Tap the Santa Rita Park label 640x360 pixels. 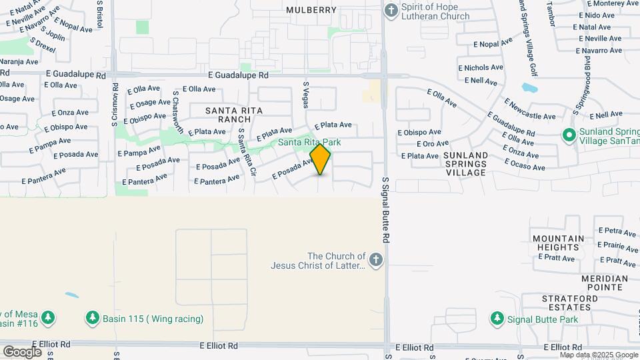[x=309, y=143]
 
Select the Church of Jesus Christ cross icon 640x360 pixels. [x=376, y=260]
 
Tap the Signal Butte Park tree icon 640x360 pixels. [x=497, y=319]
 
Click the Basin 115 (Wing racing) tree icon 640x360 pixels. [x=93, y=318]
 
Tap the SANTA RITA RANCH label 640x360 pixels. [x=234, y=115]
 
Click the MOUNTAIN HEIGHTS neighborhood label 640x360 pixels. [x=558, y=243]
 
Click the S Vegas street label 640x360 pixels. [x=306, y=95]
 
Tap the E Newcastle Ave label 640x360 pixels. [x=530, y=110]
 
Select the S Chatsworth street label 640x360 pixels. [x=177, y=111]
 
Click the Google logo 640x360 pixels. [x=22, y=351]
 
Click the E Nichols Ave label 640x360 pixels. [x=481, y=67]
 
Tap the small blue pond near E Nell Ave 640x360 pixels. [x=529, y=88]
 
